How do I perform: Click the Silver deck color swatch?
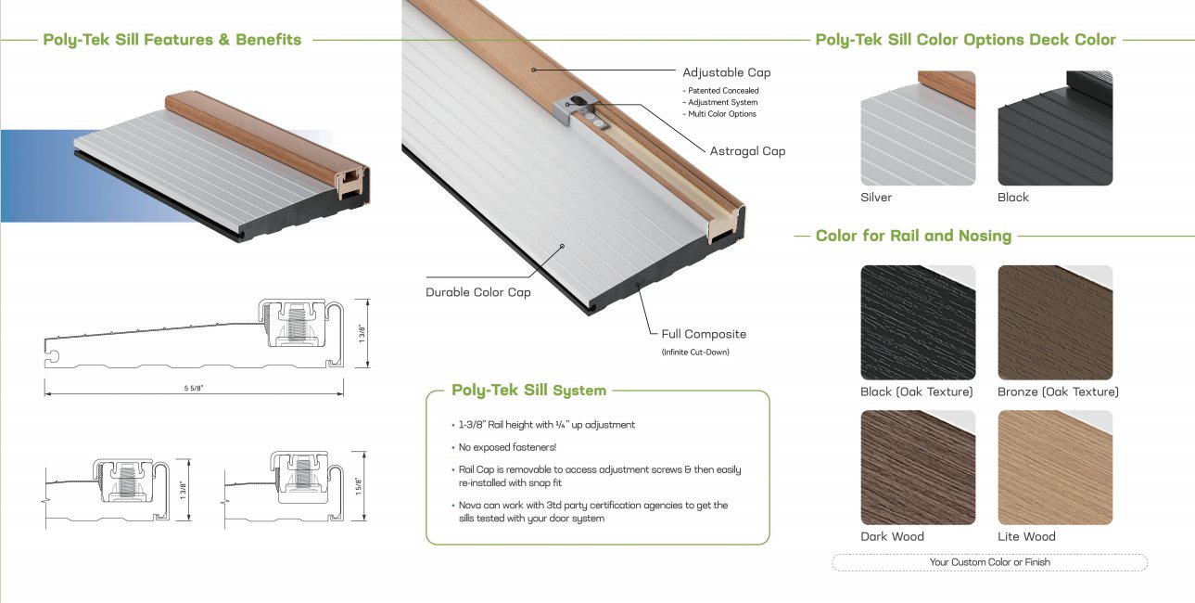tap(918, 128)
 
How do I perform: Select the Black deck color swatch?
tap(1055, 128)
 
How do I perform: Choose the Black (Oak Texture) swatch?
tap(918, 322)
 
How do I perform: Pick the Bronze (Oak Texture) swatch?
tap(1055, 322)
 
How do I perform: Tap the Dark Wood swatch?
tap(918, 468)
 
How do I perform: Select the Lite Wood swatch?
tap(1055, 468)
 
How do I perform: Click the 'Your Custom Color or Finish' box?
tap(989, 562)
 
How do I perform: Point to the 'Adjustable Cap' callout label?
tap(727, 72)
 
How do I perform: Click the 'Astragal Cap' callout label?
tap(747, 151)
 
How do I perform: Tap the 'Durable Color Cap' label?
tap(478, 292)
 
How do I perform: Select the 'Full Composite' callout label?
tap(704, 334)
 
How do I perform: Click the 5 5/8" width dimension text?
tap(194, 389)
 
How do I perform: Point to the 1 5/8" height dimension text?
tap(359, 486)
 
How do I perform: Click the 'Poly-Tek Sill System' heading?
tap(528, 390)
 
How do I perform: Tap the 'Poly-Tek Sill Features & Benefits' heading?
tap(172, 40)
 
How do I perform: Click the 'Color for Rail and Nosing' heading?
tap(913, 236)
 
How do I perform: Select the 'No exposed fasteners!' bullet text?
tap(507, 447)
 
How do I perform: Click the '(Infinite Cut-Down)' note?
tap(695, 353)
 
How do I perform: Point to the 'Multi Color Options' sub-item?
tap(722, 114)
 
